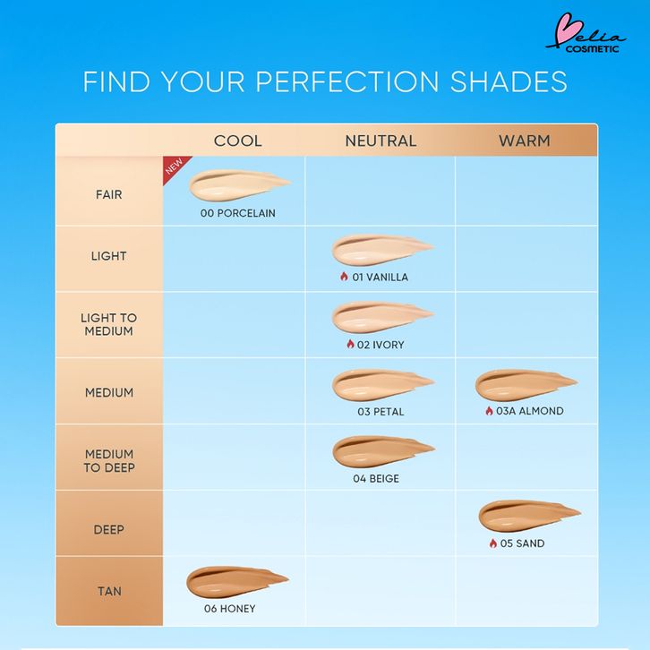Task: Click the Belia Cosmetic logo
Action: (586, 33)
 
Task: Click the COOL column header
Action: (238, 141)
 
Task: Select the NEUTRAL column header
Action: (381, 141)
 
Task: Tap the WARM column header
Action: (525, 141)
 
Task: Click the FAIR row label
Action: (108, 194)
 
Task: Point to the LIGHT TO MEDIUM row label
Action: (108, 324)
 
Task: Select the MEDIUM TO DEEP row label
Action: (109, 460)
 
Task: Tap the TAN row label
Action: (109, 591)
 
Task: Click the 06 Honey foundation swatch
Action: (236, 582)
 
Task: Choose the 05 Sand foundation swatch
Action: (528, 516)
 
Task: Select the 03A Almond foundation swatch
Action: (526, 385)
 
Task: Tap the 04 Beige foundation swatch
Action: (382, 451)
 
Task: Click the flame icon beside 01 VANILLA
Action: (344, 276)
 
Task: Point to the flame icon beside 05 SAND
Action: (493, 543)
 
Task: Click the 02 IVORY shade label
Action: (381, 345)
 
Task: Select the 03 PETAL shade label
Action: (381, 412)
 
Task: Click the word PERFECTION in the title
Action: (347, 81)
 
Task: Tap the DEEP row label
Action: (108, 529)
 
